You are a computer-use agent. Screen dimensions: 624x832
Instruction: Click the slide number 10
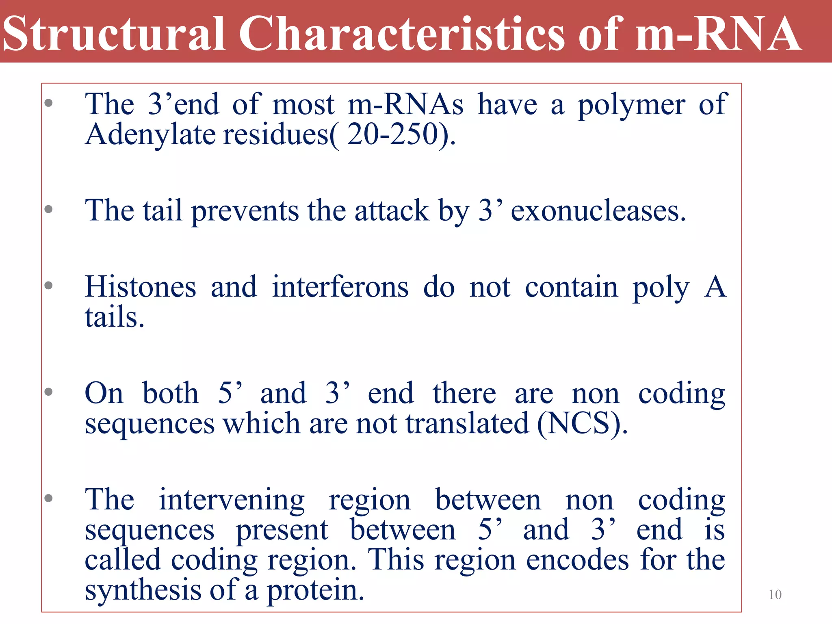pos(775,595)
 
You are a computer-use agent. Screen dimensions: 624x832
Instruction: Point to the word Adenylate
pos(150,135)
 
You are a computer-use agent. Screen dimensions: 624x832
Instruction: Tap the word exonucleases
pos(598,211)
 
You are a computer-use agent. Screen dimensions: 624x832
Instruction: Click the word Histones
pos(141,287)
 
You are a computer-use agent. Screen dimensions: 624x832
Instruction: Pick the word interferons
pos(340,287)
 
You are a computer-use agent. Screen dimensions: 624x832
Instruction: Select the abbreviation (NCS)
pos(582,424)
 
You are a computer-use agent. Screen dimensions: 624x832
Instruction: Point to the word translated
pos(467,424)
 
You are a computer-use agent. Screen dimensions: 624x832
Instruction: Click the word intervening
pos(232,500)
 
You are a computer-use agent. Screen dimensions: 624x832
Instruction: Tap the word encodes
pos(577,560)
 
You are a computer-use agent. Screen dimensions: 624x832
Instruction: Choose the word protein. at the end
pos(315,590)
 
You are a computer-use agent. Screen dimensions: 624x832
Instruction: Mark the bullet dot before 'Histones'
pos(49,285)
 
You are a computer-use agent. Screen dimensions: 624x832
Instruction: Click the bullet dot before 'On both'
pos(49,392)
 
